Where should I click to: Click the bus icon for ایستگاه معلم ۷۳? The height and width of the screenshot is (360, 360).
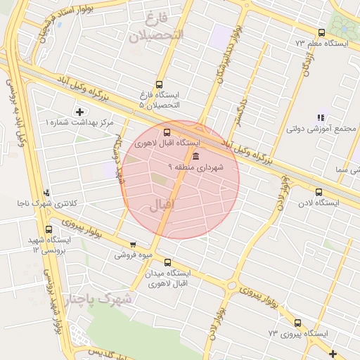(321, 32)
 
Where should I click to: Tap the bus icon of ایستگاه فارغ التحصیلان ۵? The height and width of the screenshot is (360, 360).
(159, 84)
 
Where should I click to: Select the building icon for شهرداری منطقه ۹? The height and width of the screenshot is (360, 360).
(195, 155)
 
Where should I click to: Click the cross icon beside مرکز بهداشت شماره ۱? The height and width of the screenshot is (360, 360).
(79, 111)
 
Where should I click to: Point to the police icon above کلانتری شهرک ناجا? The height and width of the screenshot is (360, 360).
(47, 192)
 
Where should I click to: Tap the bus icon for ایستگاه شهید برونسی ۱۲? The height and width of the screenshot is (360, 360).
(49, 229)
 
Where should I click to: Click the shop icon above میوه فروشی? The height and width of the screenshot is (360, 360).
(133, 244)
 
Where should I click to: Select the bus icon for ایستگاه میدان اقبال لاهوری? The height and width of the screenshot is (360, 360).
(167, 262)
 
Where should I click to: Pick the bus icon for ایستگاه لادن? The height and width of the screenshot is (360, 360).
(319, 192)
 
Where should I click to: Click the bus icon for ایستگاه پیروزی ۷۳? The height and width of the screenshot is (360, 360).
(297, 323)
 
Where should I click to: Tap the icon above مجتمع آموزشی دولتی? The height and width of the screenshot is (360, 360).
(321, 118)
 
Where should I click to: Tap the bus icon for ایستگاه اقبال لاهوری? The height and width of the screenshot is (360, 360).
(167, 131)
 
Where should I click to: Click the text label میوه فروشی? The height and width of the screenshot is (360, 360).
(131, 255)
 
